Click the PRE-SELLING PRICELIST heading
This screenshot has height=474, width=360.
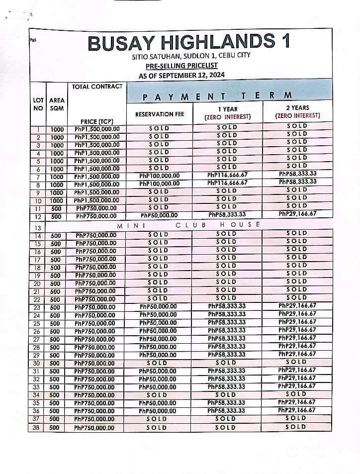pyautogui.click(x=181, y=66)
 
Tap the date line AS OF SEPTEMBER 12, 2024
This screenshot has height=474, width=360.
pyautogui.click(x=181, y=75)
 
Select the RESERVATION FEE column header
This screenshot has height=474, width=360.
pyautogui.click(x=160, y=114)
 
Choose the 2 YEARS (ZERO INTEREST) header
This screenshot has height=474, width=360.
pyautogui.click(x=298, y=111)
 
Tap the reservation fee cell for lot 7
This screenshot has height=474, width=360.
pyautogui.click(x=159, y=176)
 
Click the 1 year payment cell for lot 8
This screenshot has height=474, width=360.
pyautogui.click(x=227, y=183)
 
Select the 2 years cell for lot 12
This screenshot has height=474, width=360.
pyautogui.click(x=298, y=214)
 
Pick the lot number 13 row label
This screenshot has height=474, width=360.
pyautogui.click(x=38, y=228)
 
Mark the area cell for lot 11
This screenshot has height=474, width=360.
pyautogui.click(x=56, y=208)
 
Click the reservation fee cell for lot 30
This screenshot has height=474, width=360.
pyautogui.click(x=159, y=363)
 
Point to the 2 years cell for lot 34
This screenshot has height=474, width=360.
pyautogui.click(x=297, y=394)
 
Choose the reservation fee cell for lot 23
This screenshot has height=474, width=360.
pyautogui.click(x=158, y=307)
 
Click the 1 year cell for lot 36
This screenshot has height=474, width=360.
pyautogui.click(x=227, y=410)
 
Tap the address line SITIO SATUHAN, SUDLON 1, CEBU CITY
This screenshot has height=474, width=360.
pyautogui.click(x=181, y=56)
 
